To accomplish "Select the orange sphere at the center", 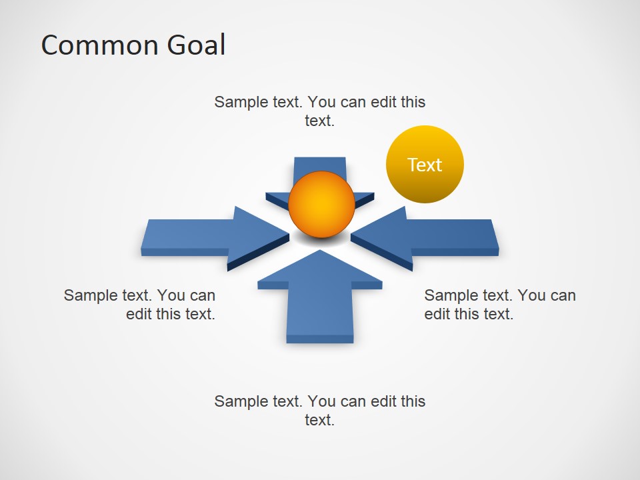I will [321, 205].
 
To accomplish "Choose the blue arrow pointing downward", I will [319, 170].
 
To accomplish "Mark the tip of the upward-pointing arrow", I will [321, 251].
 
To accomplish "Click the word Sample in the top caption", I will [239, 103].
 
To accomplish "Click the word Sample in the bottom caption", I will [239, 401].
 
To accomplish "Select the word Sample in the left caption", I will [89, 295].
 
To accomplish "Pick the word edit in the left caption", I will [139, 314].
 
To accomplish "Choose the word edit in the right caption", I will [437, 314].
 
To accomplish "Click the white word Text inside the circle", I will [425, 165].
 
